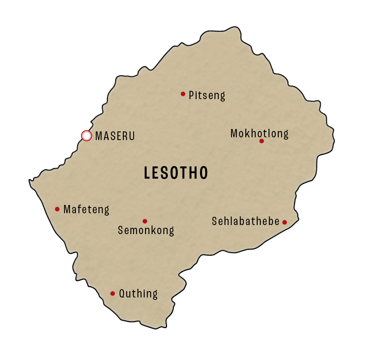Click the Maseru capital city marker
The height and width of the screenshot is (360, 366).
click(86, 136)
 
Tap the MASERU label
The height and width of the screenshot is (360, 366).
click(115, 136)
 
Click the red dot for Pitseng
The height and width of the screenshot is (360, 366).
click(183, 94)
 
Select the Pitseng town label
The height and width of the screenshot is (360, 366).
click(207, 96)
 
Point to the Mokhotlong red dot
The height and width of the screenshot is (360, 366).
click(261, 141)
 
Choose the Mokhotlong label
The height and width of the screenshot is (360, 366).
click(259, 133)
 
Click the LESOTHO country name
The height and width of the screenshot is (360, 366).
click(176, 173)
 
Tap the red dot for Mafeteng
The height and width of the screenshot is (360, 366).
click(57, 209)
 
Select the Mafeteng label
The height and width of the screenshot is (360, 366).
click(86, 209)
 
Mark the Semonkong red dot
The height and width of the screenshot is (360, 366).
click(145, 221)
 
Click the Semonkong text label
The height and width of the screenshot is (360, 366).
click(146, 231)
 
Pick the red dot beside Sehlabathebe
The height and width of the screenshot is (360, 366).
click(285, 222)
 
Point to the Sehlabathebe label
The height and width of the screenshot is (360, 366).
click(246, 222)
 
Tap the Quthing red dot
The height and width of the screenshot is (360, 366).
click(112, 294)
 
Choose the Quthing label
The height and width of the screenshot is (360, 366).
click(138, 294)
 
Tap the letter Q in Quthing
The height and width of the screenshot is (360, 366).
click(122, 294)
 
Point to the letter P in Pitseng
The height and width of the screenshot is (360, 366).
click(192, 95)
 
